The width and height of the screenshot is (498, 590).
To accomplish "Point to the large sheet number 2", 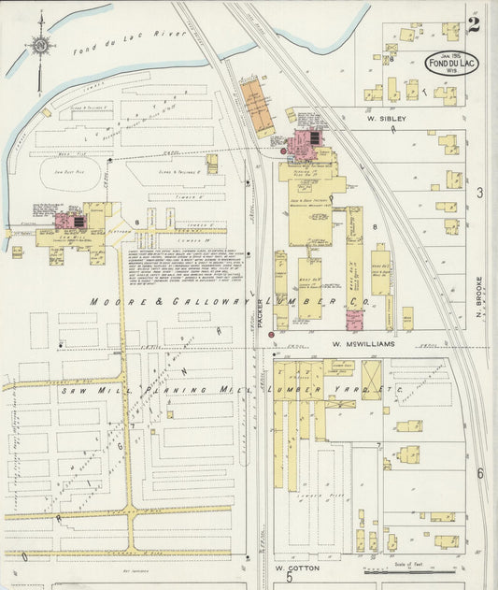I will (x=474, y=23).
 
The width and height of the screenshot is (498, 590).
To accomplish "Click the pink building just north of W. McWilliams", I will (x=354, y=321).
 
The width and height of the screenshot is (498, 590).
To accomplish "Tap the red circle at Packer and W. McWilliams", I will (x=271, y=335).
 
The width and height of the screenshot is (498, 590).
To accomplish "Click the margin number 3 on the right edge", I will (x=480, y=193).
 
